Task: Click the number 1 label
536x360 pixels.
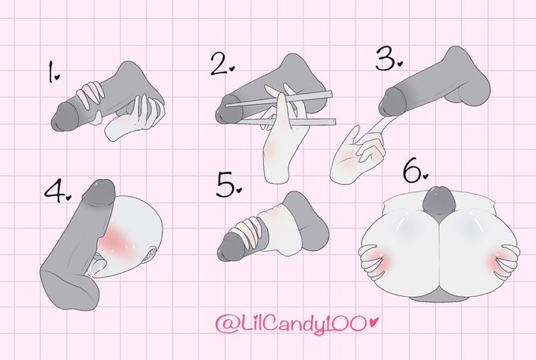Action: (x=50, y=72)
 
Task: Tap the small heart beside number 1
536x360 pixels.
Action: (x=57, y=77)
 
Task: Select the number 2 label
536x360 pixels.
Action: (x=219, y=64)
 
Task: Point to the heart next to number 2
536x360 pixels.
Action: (x=232, y=69)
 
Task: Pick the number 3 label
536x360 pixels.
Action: (x=385, y=58)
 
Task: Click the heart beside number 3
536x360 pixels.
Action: (x=400, y=63)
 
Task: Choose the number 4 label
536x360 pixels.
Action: (x=54, y=191)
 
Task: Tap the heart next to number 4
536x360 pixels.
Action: (x=69, y=197)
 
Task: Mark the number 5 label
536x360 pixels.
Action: (x=225, y=184)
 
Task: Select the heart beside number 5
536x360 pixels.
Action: (x=239, y=190)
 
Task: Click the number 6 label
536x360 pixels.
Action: (x=412, y=169)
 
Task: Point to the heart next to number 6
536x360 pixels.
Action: (x=425, y=176)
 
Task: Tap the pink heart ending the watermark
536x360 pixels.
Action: (x=374, y=321)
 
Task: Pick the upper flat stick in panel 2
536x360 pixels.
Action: (x=278, y=98)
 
